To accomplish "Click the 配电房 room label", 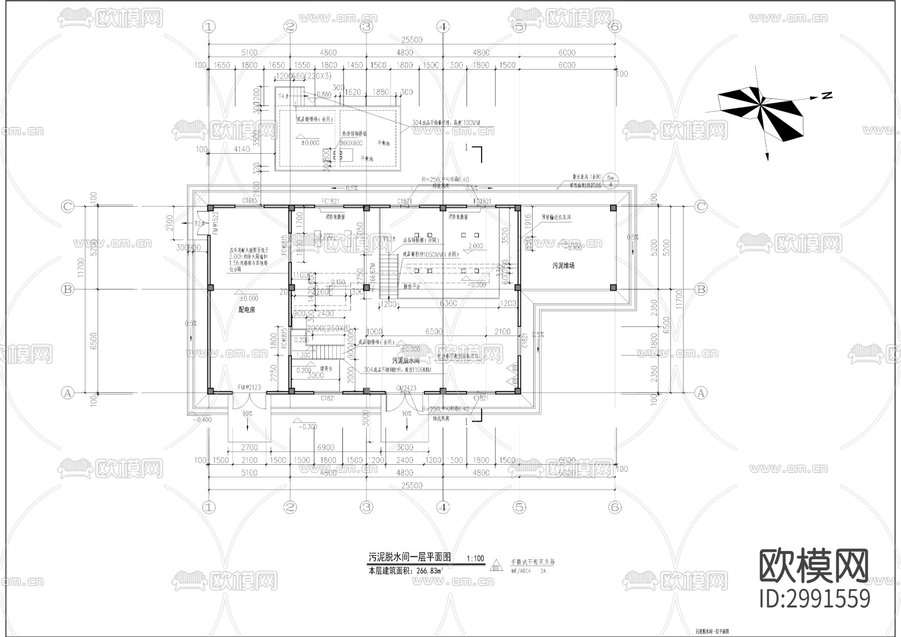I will [246, 310].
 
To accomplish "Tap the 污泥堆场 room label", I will [563, 266].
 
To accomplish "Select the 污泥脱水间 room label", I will [405, 361].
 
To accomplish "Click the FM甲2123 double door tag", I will [249, 388].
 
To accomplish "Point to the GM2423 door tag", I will [406, 388].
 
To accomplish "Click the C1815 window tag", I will [250, 201].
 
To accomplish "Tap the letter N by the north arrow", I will [826, 95].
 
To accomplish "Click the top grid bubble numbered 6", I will [615, 27].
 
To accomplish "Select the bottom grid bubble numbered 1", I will [209, 507].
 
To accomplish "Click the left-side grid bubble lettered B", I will [67, 289].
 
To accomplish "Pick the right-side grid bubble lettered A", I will [701, 393].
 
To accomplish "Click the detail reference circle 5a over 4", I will [610, 181].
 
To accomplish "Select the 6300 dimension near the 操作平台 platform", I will [447, 303].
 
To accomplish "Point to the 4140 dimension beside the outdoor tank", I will [241, 149].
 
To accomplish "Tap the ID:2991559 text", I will [814, 599].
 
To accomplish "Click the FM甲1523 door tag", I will [216, 223].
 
